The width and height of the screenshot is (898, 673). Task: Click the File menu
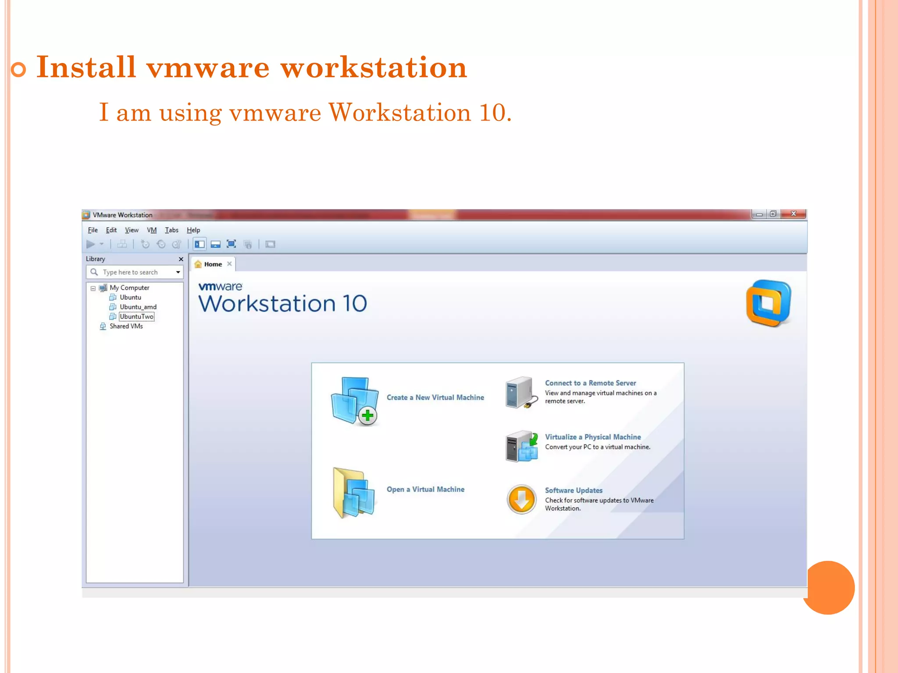[93, 230]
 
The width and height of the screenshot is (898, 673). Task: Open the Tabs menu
[171, 230]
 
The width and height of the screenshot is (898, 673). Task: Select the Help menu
[193, 230]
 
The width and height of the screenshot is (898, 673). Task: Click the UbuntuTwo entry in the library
[136, 316]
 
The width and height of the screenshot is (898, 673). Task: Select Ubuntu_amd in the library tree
[138, 307]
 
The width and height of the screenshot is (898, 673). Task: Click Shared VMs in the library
[126, 326]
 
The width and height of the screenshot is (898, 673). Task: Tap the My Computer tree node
[129, 287]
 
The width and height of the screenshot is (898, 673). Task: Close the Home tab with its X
[229, 264]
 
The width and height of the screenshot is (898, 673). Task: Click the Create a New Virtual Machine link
[435, 397]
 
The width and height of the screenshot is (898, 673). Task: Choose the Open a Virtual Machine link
[425, 489]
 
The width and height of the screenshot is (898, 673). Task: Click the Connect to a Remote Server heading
[590, 383]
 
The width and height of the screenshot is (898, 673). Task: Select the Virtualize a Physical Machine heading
[593, 437]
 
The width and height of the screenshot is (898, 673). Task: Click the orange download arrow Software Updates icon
[521, 499]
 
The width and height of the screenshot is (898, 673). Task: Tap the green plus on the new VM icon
[367, 415]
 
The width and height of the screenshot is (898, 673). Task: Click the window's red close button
[793, 214]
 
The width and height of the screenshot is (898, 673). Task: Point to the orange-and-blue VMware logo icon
[769, 303]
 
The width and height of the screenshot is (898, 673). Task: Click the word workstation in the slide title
[374, 67]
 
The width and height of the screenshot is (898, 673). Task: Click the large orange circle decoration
[828, 588]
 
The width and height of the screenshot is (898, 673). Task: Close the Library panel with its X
[181, 259]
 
